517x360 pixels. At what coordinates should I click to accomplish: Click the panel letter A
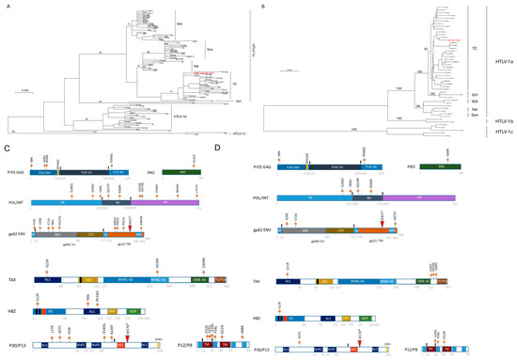(8, 5)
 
